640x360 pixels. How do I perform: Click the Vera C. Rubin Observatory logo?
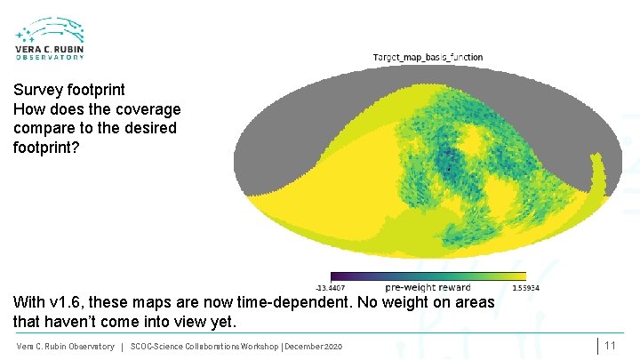pyautogui.click(x=50, y=38)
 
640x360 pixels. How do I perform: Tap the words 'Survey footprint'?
pyautogui.click(x=69, y=90)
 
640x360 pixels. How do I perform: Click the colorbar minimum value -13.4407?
pyautogui.click(x=332, y=288)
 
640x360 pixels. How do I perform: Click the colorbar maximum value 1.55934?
pyautogui.click(x=525, y=288)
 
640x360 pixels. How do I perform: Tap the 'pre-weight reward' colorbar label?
pyautogui.click(x=428, y=288)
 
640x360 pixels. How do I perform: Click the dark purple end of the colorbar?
pyautogui.click(x=336, y=276)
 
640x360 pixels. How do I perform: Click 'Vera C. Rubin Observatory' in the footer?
pyautogui.click(x=66, y=346)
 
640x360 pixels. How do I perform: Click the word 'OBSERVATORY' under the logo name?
pyautogui.click(x=50, y=57)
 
